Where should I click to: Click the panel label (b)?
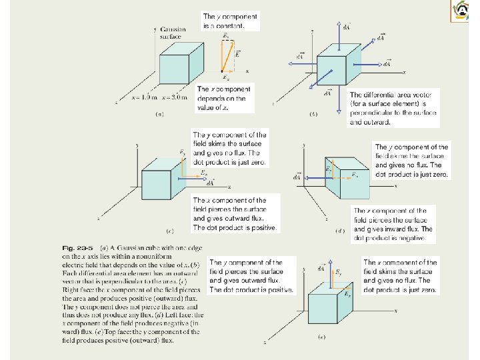pos(314,115)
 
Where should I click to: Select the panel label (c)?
pos(170,231)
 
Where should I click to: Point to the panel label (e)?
pos(322,337)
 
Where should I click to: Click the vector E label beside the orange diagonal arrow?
pos(238,52)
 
